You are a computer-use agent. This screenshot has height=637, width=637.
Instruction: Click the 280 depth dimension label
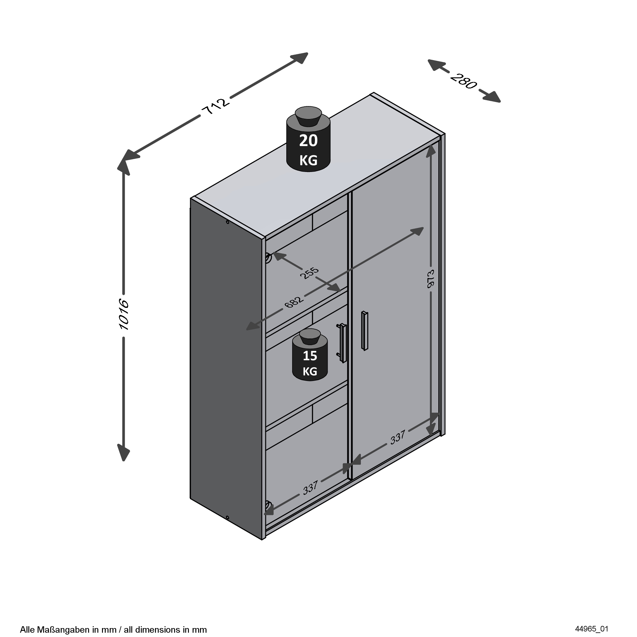(x=463, y=81)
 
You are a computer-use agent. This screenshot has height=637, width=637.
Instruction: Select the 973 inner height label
(x=431, y=279)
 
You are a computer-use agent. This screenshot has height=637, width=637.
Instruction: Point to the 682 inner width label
(x=293, y=302)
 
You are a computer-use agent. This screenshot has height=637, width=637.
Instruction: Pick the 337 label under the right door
(x=398, y=438)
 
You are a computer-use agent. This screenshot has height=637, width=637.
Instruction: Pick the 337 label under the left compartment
(x=310, y=488)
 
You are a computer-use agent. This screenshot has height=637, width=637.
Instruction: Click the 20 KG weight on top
(x=308, y=147)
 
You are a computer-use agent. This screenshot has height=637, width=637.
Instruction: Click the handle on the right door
(x=364, y=330)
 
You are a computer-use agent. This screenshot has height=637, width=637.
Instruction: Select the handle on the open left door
(x=343, y=343)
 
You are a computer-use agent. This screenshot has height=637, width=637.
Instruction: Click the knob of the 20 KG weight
(x=308, y=116)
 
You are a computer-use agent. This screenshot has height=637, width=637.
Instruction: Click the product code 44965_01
(x=591, y=629)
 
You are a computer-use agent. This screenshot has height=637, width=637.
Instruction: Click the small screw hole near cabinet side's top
(x=227, y=222)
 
